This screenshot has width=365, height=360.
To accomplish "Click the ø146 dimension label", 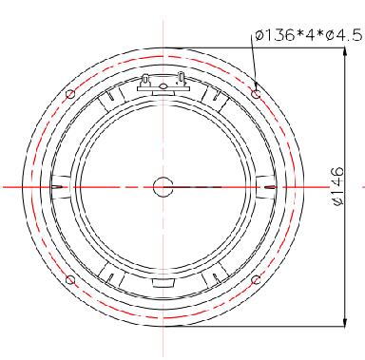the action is [x=338, y=186].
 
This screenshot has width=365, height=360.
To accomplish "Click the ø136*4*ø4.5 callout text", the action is [x=308, y=35].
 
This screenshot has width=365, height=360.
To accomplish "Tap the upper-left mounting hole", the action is [x=70, y=94].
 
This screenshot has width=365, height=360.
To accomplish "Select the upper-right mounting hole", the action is [x=256, y=94].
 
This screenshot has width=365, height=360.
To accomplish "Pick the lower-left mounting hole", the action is [x=70, y=279].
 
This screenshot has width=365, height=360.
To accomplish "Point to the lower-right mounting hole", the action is [x=256, y=279].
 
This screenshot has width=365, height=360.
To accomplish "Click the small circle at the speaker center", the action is [x=163, y=187].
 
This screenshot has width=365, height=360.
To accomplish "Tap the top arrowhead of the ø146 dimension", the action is [x=345, y=52].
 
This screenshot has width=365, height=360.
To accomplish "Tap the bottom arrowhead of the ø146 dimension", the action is [x=345, y=322].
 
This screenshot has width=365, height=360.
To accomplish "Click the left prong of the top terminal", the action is [x=145, y=80].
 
